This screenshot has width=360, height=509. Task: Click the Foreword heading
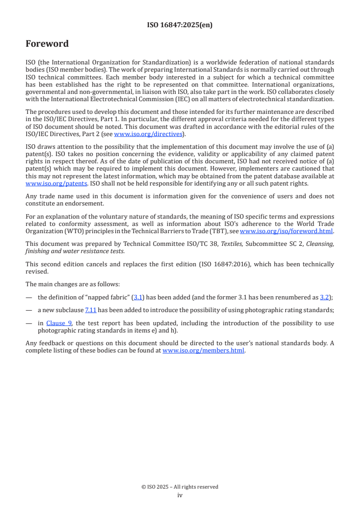[x=47, y=44]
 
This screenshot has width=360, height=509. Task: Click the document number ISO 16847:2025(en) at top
[x=180, y=25]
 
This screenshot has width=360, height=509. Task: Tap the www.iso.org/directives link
[x=148, y=134]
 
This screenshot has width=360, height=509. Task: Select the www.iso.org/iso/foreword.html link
[x=283, y=231]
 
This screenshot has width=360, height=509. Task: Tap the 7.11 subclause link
[x=90, y=309]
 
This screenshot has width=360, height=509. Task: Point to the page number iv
[x=180, y=495]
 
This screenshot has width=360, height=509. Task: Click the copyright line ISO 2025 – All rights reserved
[x=180, y=487]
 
